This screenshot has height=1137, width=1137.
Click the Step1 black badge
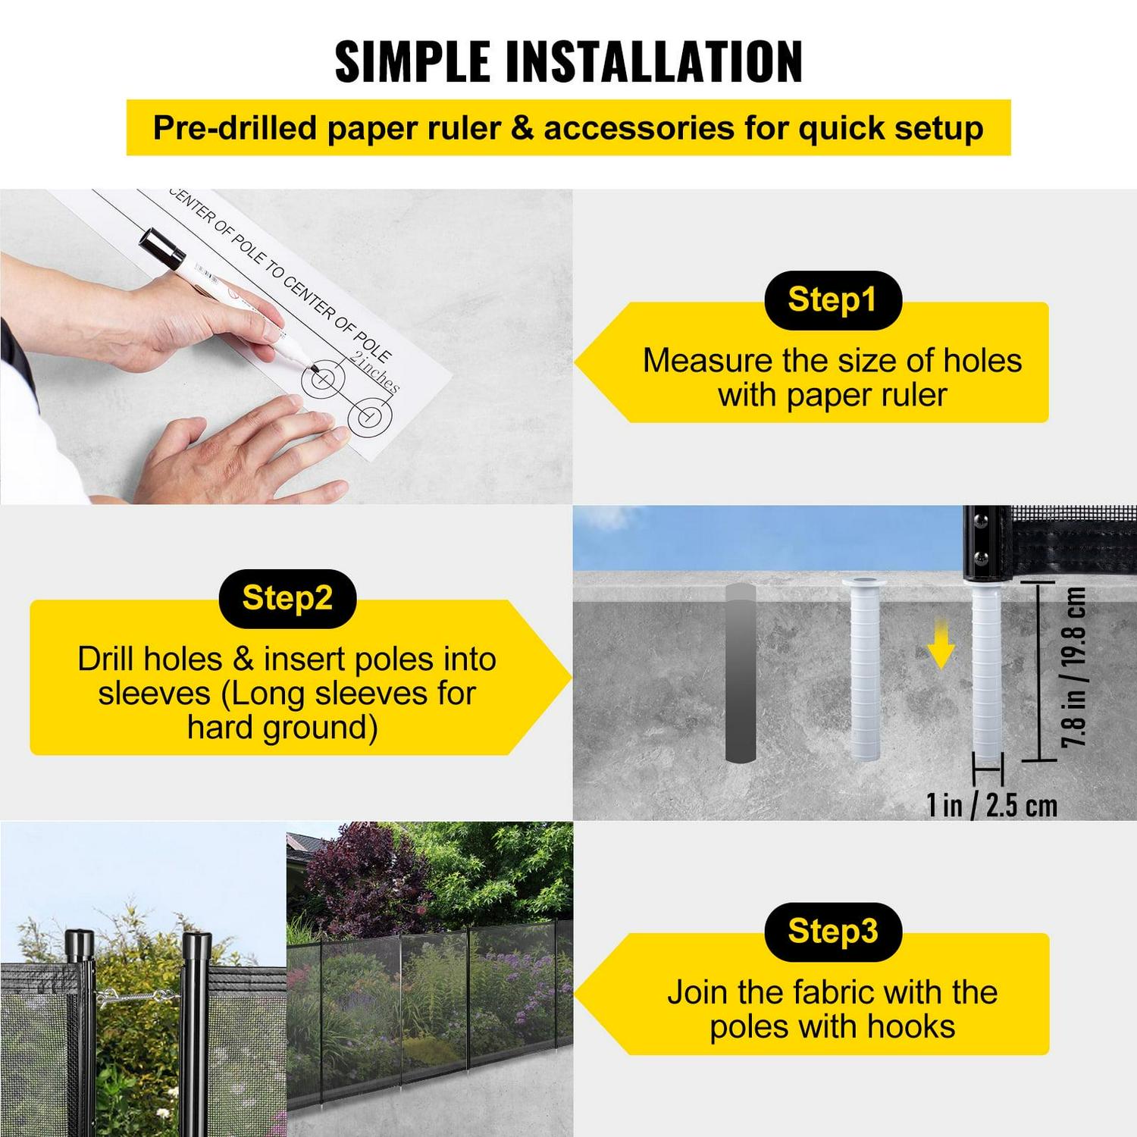(832, 299)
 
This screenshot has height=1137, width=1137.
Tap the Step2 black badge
(287, 598)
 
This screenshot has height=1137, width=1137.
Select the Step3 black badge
(832, 932)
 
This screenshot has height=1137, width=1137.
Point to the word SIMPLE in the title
(413, 62)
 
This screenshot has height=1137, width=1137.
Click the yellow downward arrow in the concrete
(941, 644)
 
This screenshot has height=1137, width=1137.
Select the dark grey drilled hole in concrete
(740, 672)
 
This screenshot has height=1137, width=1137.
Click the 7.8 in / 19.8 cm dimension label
(1074, 667)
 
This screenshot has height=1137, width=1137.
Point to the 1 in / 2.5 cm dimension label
(991, 805)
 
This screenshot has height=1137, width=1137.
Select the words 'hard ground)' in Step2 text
(282, 728)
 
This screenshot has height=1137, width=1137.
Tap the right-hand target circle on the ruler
(369, 416)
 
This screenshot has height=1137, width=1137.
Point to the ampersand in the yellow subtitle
(522, 128)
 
